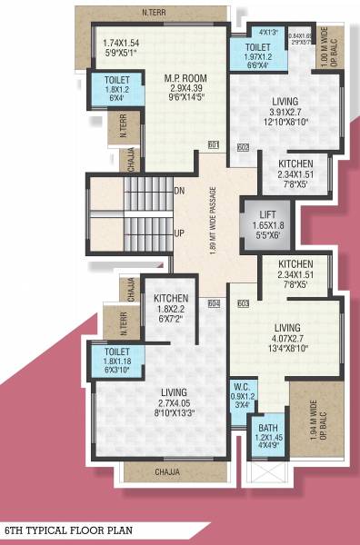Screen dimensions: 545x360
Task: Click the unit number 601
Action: coord(214,145)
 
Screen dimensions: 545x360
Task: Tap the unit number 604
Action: coord(214,302)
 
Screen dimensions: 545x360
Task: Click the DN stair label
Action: coord(179,190)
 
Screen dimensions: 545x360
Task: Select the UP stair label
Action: coord(179,233)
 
